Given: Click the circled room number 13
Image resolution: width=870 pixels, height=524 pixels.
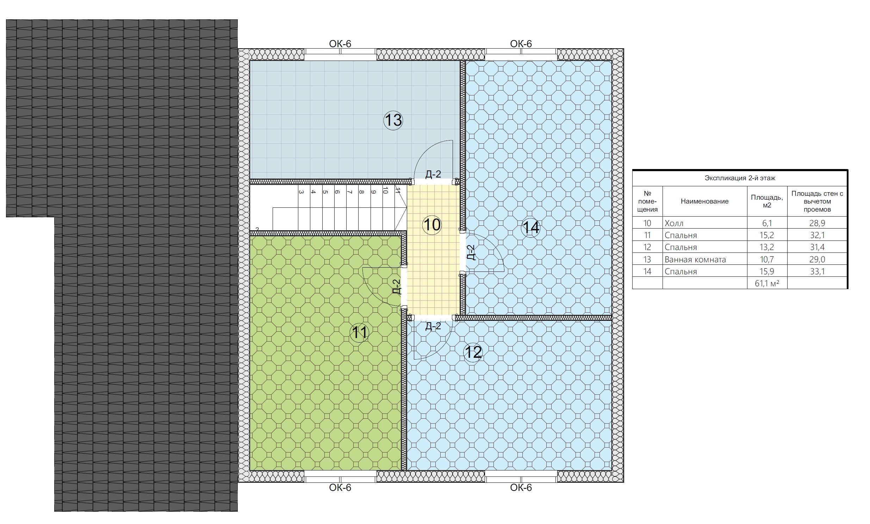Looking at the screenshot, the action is click(x=393, y=120).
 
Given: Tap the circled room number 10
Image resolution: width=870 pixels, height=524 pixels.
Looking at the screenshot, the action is click(x=432, y=225).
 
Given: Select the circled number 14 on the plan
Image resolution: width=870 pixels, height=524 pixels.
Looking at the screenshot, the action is click(x=531, y=227).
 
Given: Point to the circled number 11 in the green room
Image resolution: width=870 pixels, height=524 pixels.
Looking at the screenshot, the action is click(x=359, y=333).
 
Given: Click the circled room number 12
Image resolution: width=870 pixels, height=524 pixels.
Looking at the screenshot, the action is click(x=473, y=352).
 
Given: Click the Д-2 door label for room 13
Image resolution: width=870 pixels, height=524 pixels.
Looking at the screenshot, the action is click(x=433, y=174).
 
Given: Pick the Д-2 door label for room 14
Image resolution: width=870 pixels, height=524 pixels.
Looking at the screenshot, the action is click(x=471, y=252).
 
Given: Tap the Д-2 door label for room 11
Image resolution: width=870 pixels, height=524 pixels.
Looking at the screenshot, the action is click(x=397, y=286).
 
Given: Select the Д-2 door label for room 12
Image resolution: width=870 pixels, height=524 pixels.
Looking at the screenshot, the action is click(x=433, y=326).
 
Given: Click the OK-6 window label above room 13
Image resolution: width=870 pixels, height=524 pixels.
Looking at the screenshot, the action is click(x=340, y=44).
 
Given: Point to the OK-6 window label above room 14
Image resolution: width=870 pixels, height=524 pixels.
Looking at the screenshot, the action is click(x=521, y=44).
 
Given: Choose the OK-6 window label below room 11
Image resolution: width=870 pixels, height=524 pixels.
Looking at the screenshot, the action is click(x=340, y=488).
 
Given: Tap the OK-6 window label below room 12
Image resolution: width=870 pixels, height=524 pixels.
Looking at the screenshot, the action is click(x=521, y=488).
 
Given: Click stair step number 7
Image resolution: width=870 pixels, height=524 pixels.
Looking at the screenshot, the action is click(x=349, y=192).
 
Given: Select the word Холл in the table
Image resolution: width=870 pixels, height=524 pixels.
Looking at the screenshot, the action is click(x=674, y=223).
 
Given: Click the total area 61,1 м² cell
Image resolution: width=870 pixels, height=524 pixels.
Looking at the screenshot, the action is click(x=767, y=283).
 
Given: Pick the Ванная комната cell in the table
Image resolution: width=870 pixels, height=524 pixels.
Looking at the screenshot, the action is click(x=695, y=260).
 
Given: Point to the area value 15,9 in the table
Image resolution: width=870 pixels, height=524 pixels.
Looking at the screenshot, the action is click(x=767, y=272).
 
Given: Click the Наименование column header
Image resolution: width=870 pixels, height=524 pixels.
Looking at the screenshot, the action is click(x=704, y=201).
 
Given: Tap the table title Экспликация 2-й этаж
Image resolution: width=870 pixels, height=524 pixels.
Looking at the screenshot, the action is click(x=740, y=178).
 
